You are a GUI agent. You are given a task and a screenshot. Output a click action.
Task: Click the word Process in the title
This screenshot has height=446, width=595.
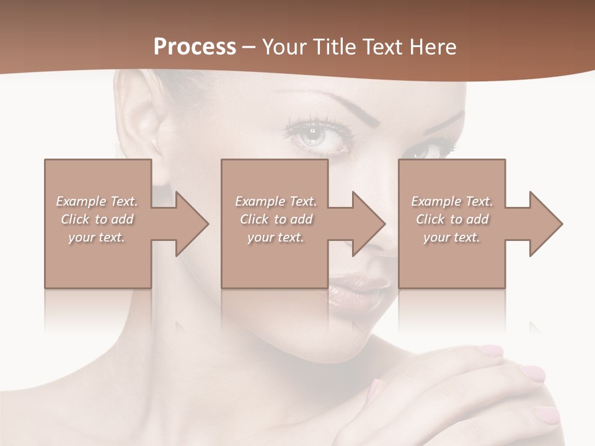click(x=195, y=46)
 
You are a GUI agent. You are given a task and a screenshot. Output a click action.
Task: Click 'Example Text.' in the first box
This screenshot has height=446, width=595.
click(x=97, y=201)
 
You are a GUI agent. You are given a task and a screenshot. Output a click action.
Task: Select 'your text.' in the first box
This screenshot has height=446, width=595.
click(x=97, y=237)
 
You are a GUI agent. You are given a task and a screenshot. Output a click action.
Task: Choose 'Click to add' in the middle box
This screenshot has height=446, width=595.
click(x=276, y=219)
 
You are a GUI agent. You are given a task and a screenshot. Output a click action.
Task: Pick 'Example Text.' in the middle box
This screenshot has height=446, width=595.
click(x=276, y=201)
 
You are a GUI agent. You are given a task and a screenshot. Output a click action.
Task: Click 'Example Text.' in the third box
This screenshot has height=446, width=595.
click(x=452, y=201)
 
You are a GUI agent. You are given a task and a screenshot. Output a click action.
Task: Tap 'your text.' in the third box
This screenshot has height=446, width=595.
click(x=452, y=237)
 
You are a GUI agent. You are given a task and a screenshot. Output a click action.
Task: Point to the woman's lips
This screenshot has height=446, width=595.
click(x=359, y=291)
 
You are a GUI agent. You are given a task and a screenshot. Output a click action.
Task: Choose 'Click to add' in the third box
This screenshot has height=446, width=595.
click(x=452, y=219)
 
